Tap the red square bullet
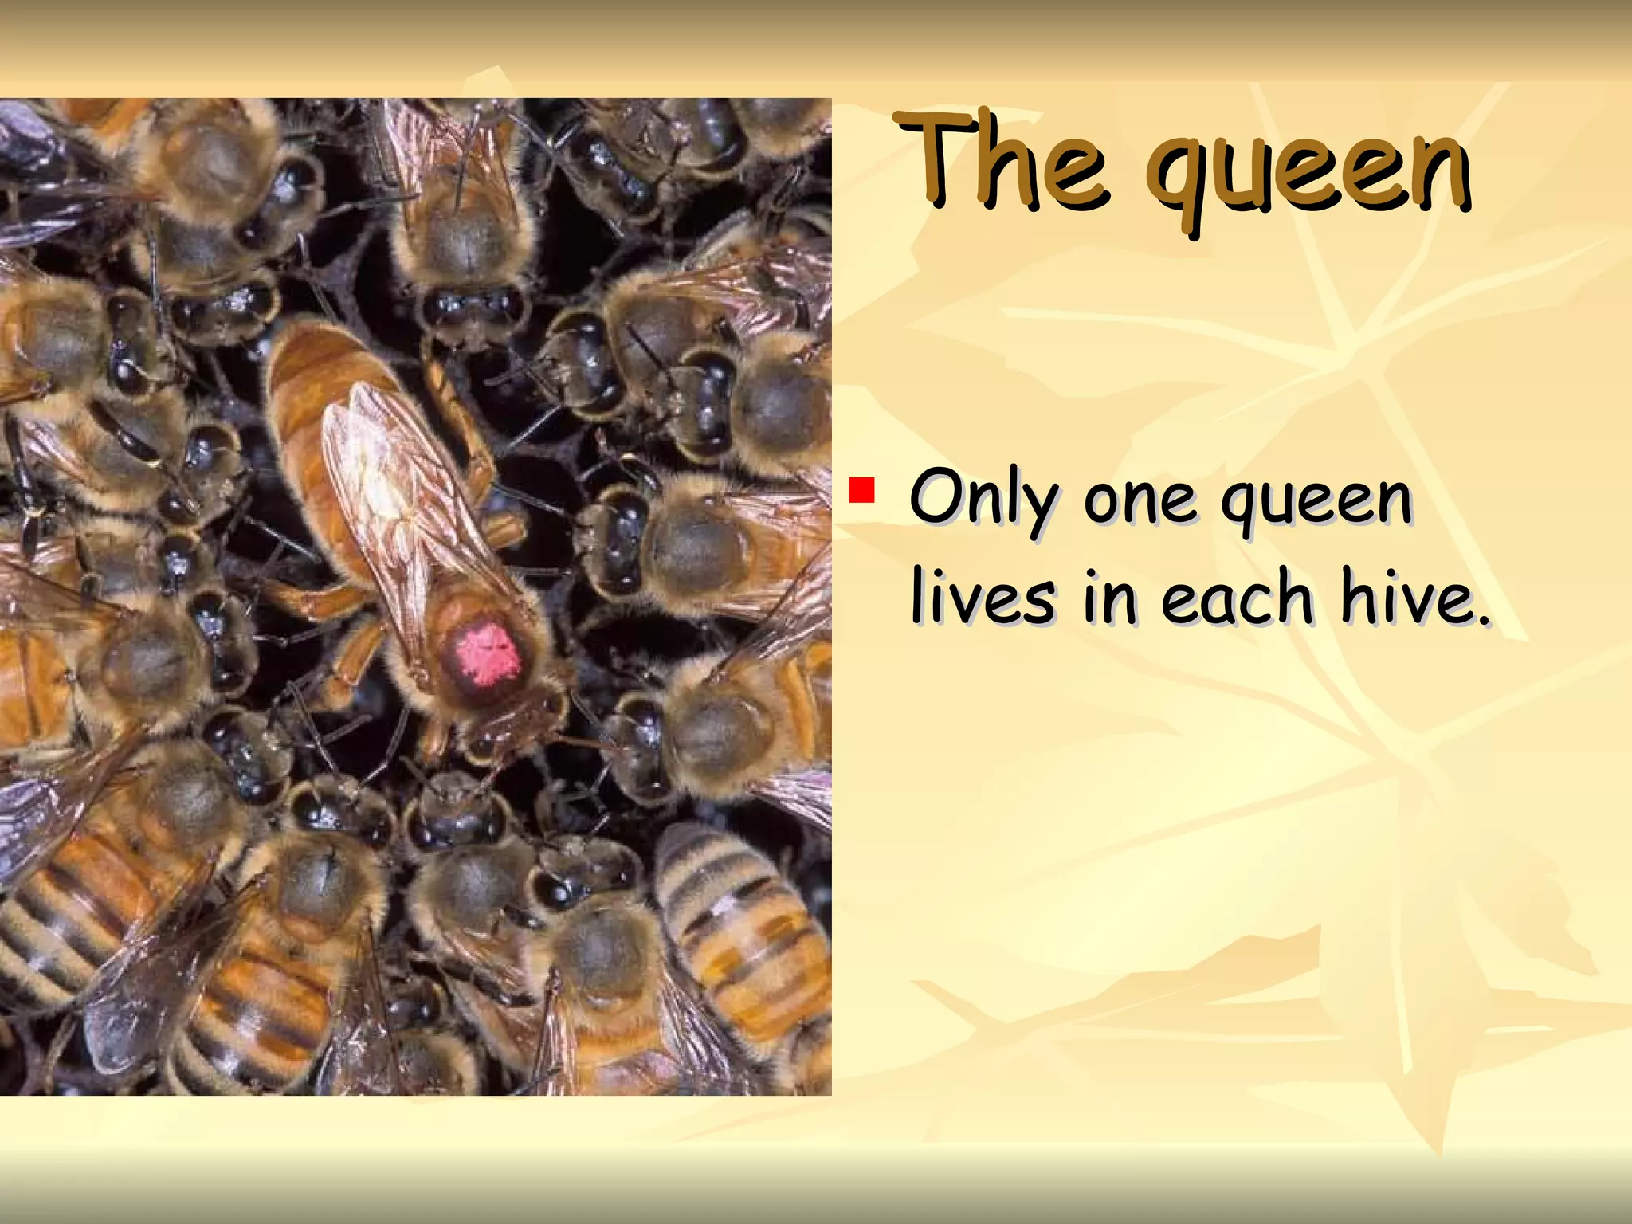[x=861, y=490]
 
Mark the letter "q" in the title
[x=1179, y=183]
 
